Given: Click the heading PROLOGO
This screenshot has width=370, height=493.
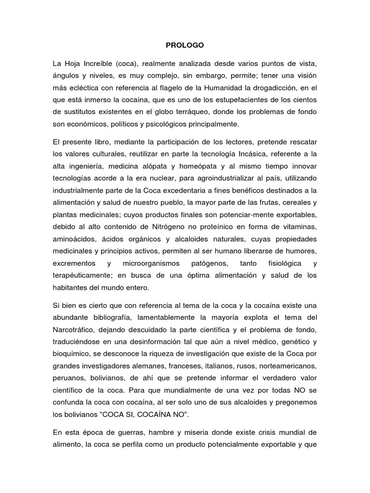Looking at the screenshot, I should coord(185,45).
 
